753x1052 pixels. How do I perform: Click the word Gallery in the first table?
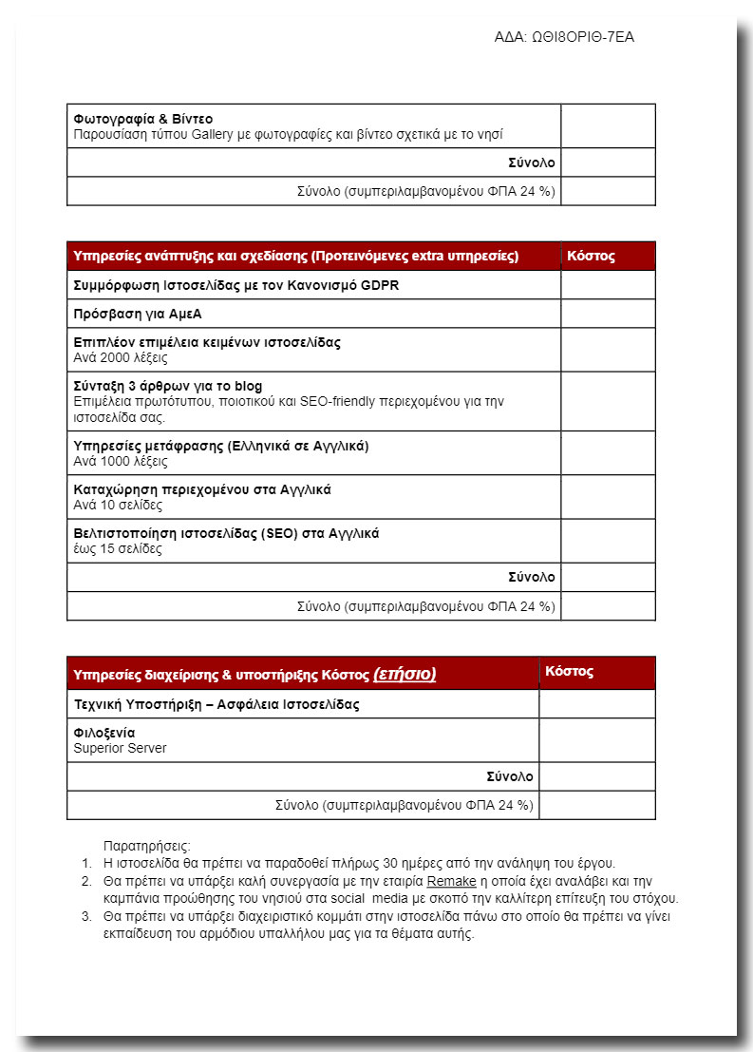[x=213, y=134]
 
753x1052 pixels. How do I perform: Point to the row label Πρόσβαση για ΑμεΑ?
[x=138, y=314]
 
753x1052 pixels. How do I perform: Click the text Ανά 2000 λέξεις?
[x=121, y=358]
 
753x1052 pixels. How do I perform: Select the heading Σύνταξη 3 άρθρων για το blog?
[x=168, y=387]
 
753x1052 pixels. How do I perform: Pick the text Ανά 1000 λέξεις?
[x=121, y=461]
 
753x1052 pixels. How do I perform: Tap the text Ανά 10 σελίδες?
[x=118, y=506]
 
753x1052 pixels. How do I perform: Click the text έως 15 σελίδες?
[x=118, y=549]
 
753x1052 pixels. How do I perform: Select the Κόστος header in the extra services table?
[x=591, y=256]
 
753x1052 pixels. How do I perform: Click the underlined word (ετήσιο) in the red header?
[x=405, y=675]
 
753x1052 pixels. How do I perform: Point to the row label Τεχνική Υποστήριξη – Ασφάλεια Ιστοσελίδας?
[x=216, y=704]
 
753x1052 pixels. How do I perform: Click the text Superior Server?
[x=120, y=748]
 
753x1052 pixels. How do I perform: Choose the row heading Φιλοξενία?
[x=104, y=733]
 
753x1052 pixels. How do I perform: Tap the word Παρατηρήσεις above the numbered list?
[x=147, y=846]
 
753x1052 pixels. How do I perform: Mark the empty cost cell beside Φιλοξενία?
[x=596, y=740]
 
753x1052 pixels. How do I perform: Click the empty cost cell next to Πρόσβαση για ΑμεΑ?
[x=608, y=314]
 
